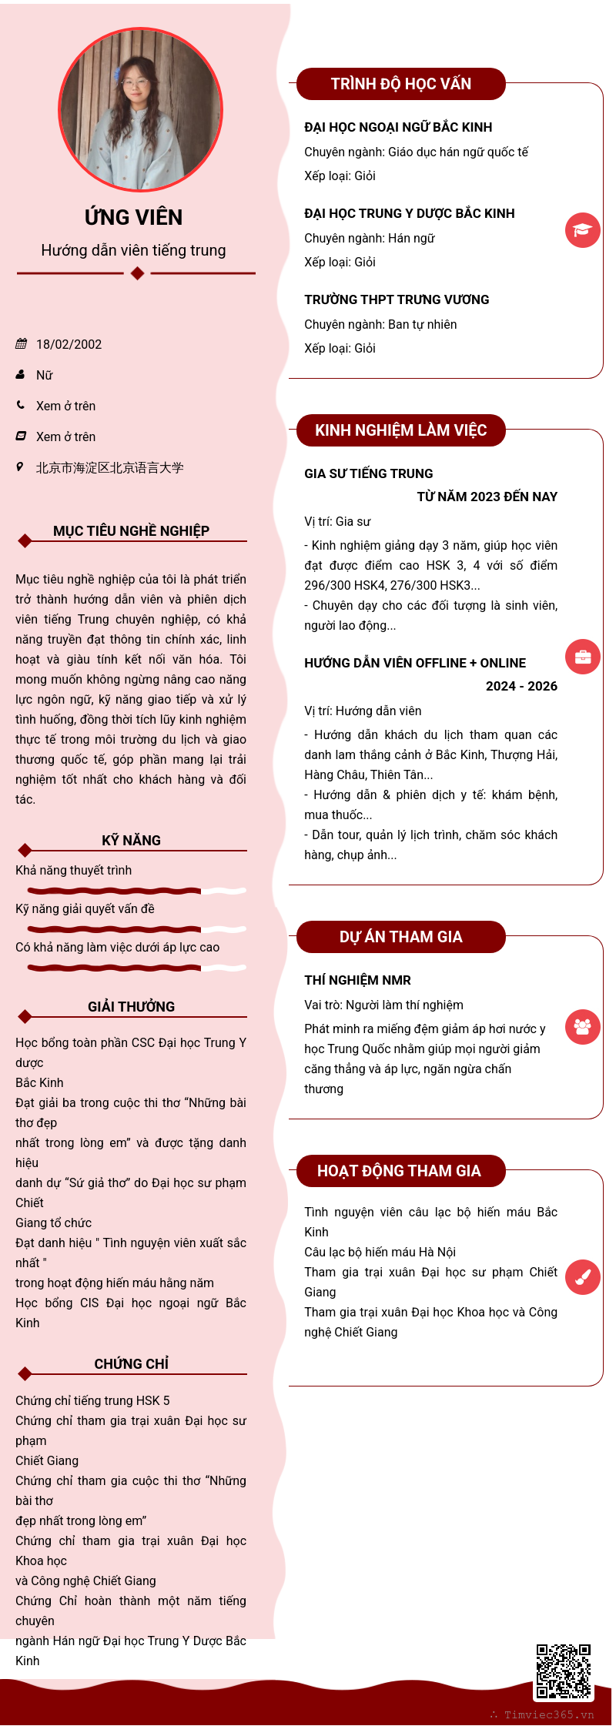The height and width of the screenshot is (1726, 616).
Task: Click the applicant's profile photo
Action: click(141, 109)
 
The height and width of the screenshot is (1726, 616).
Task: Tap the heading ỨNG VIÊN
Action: click(134, 218)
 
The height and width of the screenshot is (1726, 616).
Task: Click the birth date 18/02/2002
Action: click(69, 344)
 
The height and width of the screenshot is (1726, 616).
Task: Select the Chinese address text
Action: click(110, 467)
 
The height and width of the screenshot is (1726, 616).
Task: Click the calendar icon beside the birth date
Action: click(21, 344)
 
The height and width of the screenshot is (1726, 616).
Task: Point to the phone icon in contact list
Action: click(21, 405)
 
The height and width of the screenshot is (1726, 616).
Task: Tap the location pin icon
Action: click(20, 467)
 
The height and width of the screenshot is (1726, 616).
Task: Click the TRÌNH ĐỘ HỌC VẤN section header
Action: click(400, 84)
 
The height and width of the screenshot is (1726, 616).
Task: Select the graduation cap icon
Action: click(582, 230)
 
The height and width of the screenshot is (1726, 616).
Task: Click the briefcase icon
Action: click(582, 657)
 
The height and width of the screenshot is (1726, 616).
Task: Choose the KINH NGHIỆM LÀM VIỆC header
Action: click(400, 430)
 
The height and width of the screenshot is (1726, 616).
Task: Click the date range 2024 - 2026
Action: click(521, 686)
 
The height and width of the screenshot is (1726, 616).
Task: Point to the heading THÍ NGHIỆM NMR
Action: click(357, 980)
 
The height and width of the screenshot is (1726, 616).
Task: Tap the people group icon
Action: click(582, 1026)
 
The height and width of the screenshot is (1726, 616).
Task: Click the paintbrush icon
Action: click(582, 1277)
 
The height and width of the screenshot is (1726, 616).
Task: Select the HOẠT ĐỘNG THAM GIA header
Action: click(399, 1171)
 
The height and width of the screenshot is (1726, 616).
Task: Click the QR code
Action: click(563, 1671)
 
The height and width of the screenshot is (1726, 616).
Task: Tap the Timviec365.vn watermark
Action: click(548, 1714)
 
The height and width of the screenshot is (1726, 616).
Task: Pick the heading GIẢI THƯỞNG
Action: click(132, 1007)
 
